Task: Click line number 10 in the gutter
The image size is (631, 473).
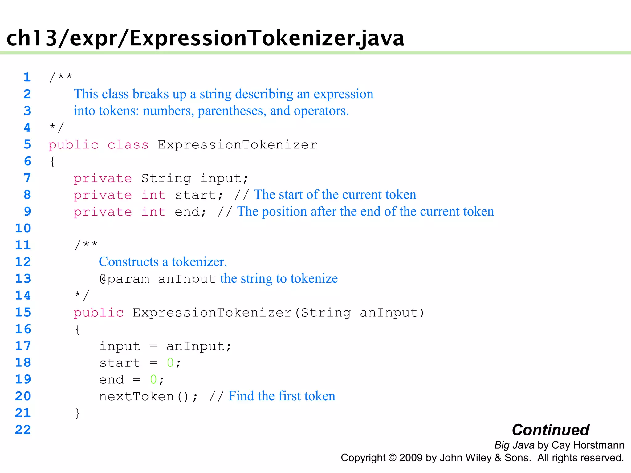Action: [23, 228]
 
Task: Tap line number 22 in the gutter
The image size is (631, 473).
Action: [23, 430]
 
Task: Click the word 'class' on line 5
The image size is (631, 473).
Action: [128, 145]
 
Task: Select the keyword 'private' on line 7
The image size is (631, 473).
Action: [103, 178]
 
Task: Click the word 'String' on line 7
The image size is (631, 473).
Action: [166, 178]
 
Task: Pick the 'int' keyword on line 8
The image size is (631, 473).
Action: [153, 195]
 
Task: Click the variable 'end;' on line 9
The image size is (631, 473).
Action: [190, 212]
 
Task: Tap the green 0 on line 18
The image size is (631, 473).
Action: [170, 363]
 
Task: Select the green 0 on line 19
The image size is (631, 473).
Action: [153, 380]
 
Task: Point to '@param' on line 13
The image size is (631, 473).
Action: [124, 279]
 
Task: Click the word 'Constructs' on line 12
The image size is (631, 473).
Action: [129, 262]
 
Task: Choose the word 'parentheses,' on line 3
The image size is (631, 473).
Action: [232, 111]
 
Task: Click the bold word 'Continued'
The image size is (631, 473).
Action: [551, 430]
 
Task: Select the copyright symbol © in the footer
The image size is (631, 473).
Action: [392, 458]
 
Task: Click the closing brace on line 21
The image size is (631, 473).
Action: [78, 413]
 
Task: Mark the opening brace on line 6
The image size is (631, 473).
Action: [52, 161]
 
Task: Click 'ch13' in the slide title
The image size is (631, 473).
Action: [32, 38]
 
